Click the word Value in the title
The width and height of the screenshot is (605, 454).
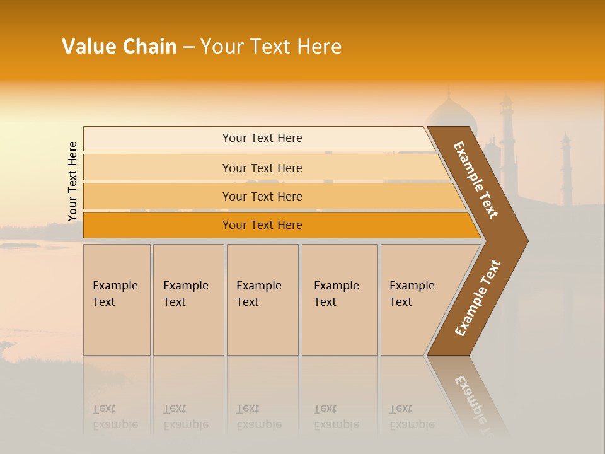pyautogui.click(x=89, y=47)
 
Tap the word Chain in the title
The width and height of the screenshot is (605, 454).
pyautogui.click(x=149, y=47)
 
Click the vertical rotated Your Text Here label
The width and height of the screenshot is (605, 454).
pyautogui.click(x=72, y=181)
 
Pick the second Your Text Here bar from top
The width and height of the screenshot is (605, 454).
pyautogui.click(x=262, y=168)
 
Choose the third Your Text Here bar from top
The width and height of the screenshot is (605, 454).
pyautogui.click(x=262, y=196)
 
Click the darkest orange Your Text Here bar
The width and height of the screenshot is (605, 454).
pyautogui.click(x=262, y=225)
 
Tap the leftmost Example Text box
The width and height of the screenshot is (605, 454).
pyautogui.click(x=117, y=300)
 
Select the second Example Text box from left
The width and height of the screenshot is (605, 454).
pyautogui.click(x=188, y=300)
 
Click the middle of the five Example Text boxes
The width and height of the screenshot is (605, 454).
pyautogui.click(x=262, y=300)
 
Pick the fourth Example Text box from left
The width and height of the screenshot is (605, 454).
pyautogui.click(x=340, y=300)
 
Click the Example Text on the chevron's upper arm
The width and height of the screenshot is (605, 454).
pyautogui.click(x=476, y=180)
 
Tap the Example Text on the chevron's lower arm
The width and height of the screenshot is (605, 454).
pyautogui.click(x=478, y=298)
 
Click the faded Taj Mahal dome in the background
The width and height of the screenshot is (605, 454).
pyautogui.click(x=449, y=113)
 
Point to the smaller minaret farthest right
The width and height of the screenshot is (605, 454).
pyautogui.click(x=566, y=167)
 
